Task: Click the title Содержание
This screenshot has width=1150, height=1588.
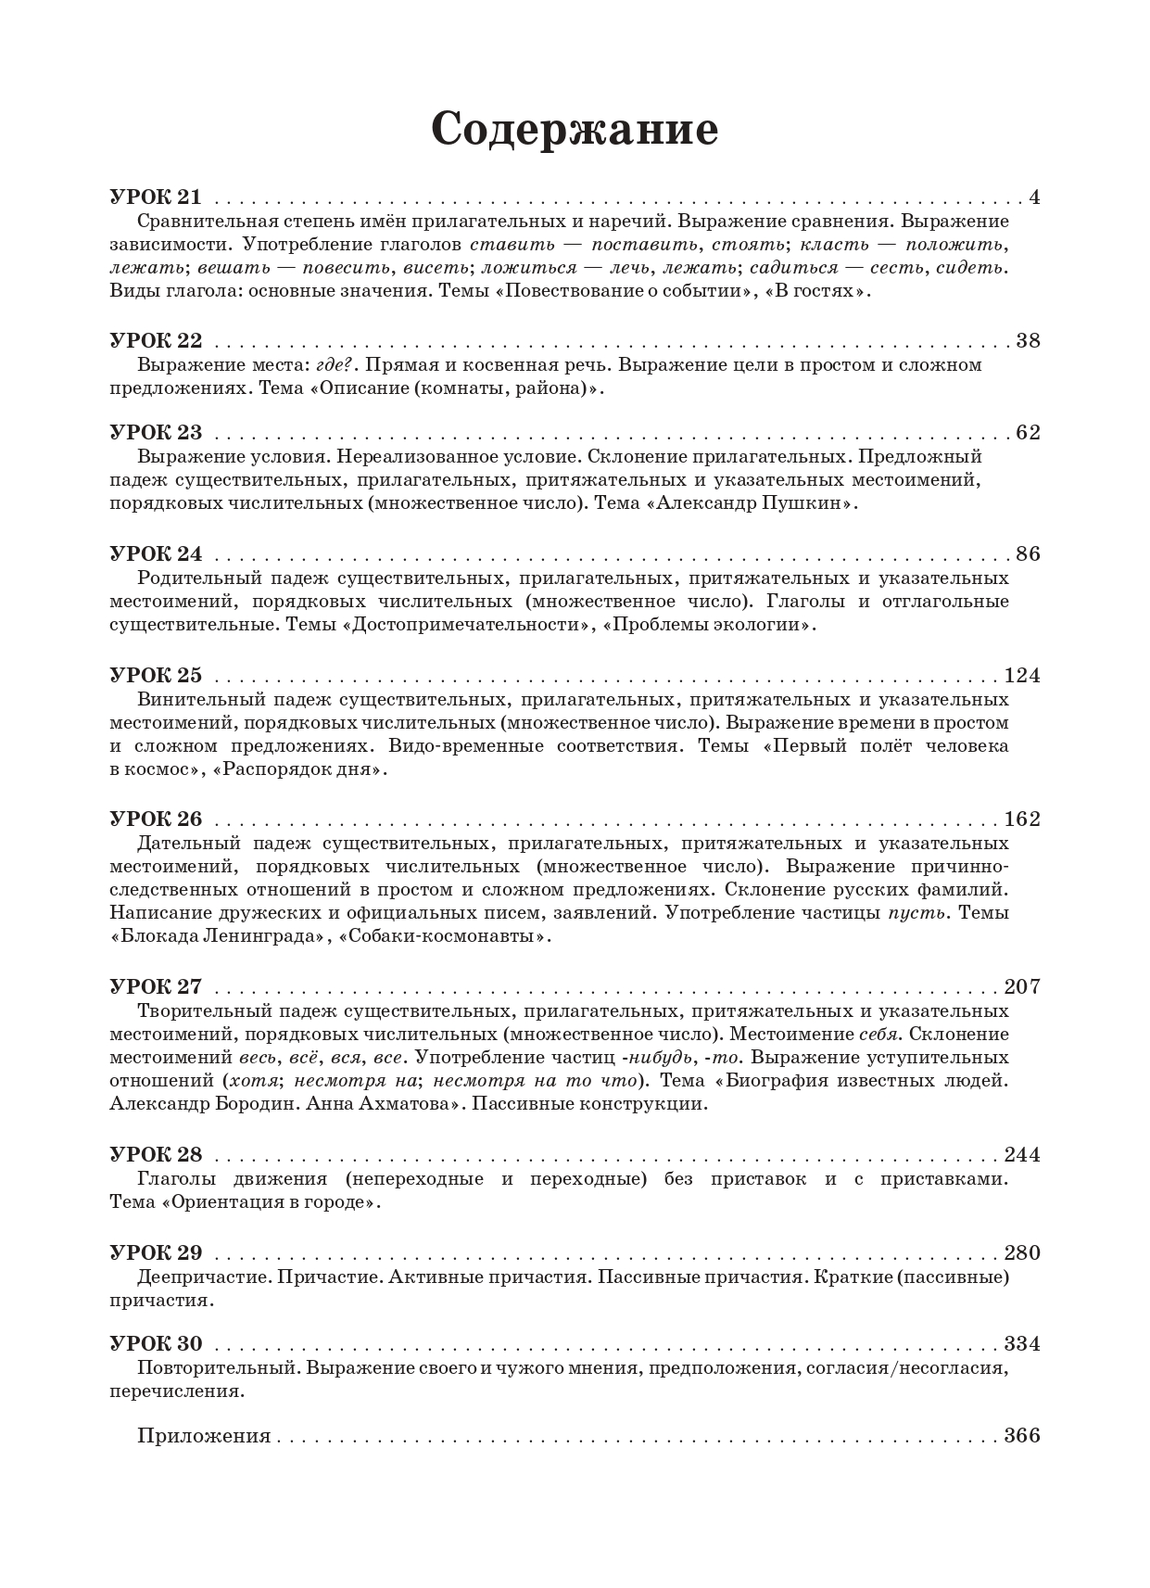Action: pyautogui.click(x=575, y=129)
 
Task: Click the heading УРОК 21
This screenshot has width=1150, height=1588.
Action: pyautogui.click(x=155, y=197)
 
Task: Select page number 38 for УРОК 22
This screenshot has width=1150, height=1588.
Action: pyautogui.click(x=1028, y=340)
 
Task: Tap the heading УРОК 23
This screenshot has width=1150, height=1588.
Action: pyautogui.click(x=155, y=433)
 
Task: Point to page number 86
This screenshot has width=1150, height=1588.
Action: pyautogui.click(x=1028, y=554)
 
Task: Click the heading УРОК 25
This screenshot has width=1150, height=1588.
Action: pyautogui.click(x=155, y=676)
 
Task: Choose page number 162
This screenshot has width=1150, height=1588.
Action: pyautogui.click(x=1022, y=819)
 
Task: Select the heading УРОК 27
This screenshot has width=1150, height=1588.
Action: pyautogui.click(x=155, y=986)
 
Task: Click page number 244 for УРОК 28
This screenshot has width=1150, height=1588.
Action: pyautogui.click(x=1022, y=1155)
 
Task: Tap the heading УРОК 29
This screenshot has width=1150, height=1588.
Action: pyautogui.click(x=155, y=1253)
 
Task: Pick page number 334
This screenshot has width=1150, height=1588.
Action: pyautogui.click(x=1022, y=1344)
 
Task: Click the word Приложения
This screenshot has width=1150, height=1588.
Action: pyautogui.click(x=204, y=1436)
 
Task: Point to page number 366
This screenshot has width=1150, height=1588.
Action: pyautogui.click(x=1022, y=1436)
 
